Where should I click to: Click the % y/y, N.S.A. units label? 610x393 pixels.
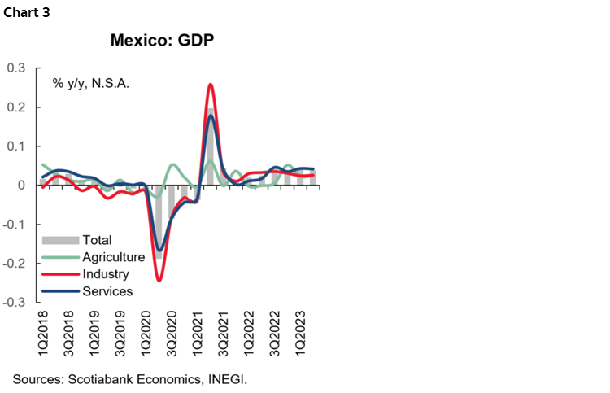91,83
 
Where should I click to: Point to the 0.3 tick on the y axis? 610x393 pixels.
15,68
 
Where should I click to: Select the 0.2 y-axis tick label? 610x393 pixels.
15,107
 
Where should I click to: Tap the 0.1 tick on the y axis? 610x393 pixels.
15,146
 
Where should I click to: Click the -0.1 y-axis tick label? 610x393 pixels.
14,225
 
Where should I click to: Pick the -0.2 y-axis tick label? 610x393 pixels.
14,264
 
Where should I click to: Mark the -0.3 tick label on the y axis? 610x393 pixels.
14,303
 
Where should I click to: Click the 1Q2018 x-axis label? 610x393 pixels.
43,332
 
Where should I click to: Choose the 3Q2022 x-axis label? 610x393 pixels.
277,332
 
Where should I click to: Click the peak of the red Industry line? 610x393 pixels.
211,84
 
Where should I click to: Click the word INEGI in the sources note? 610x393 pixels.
227,379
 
